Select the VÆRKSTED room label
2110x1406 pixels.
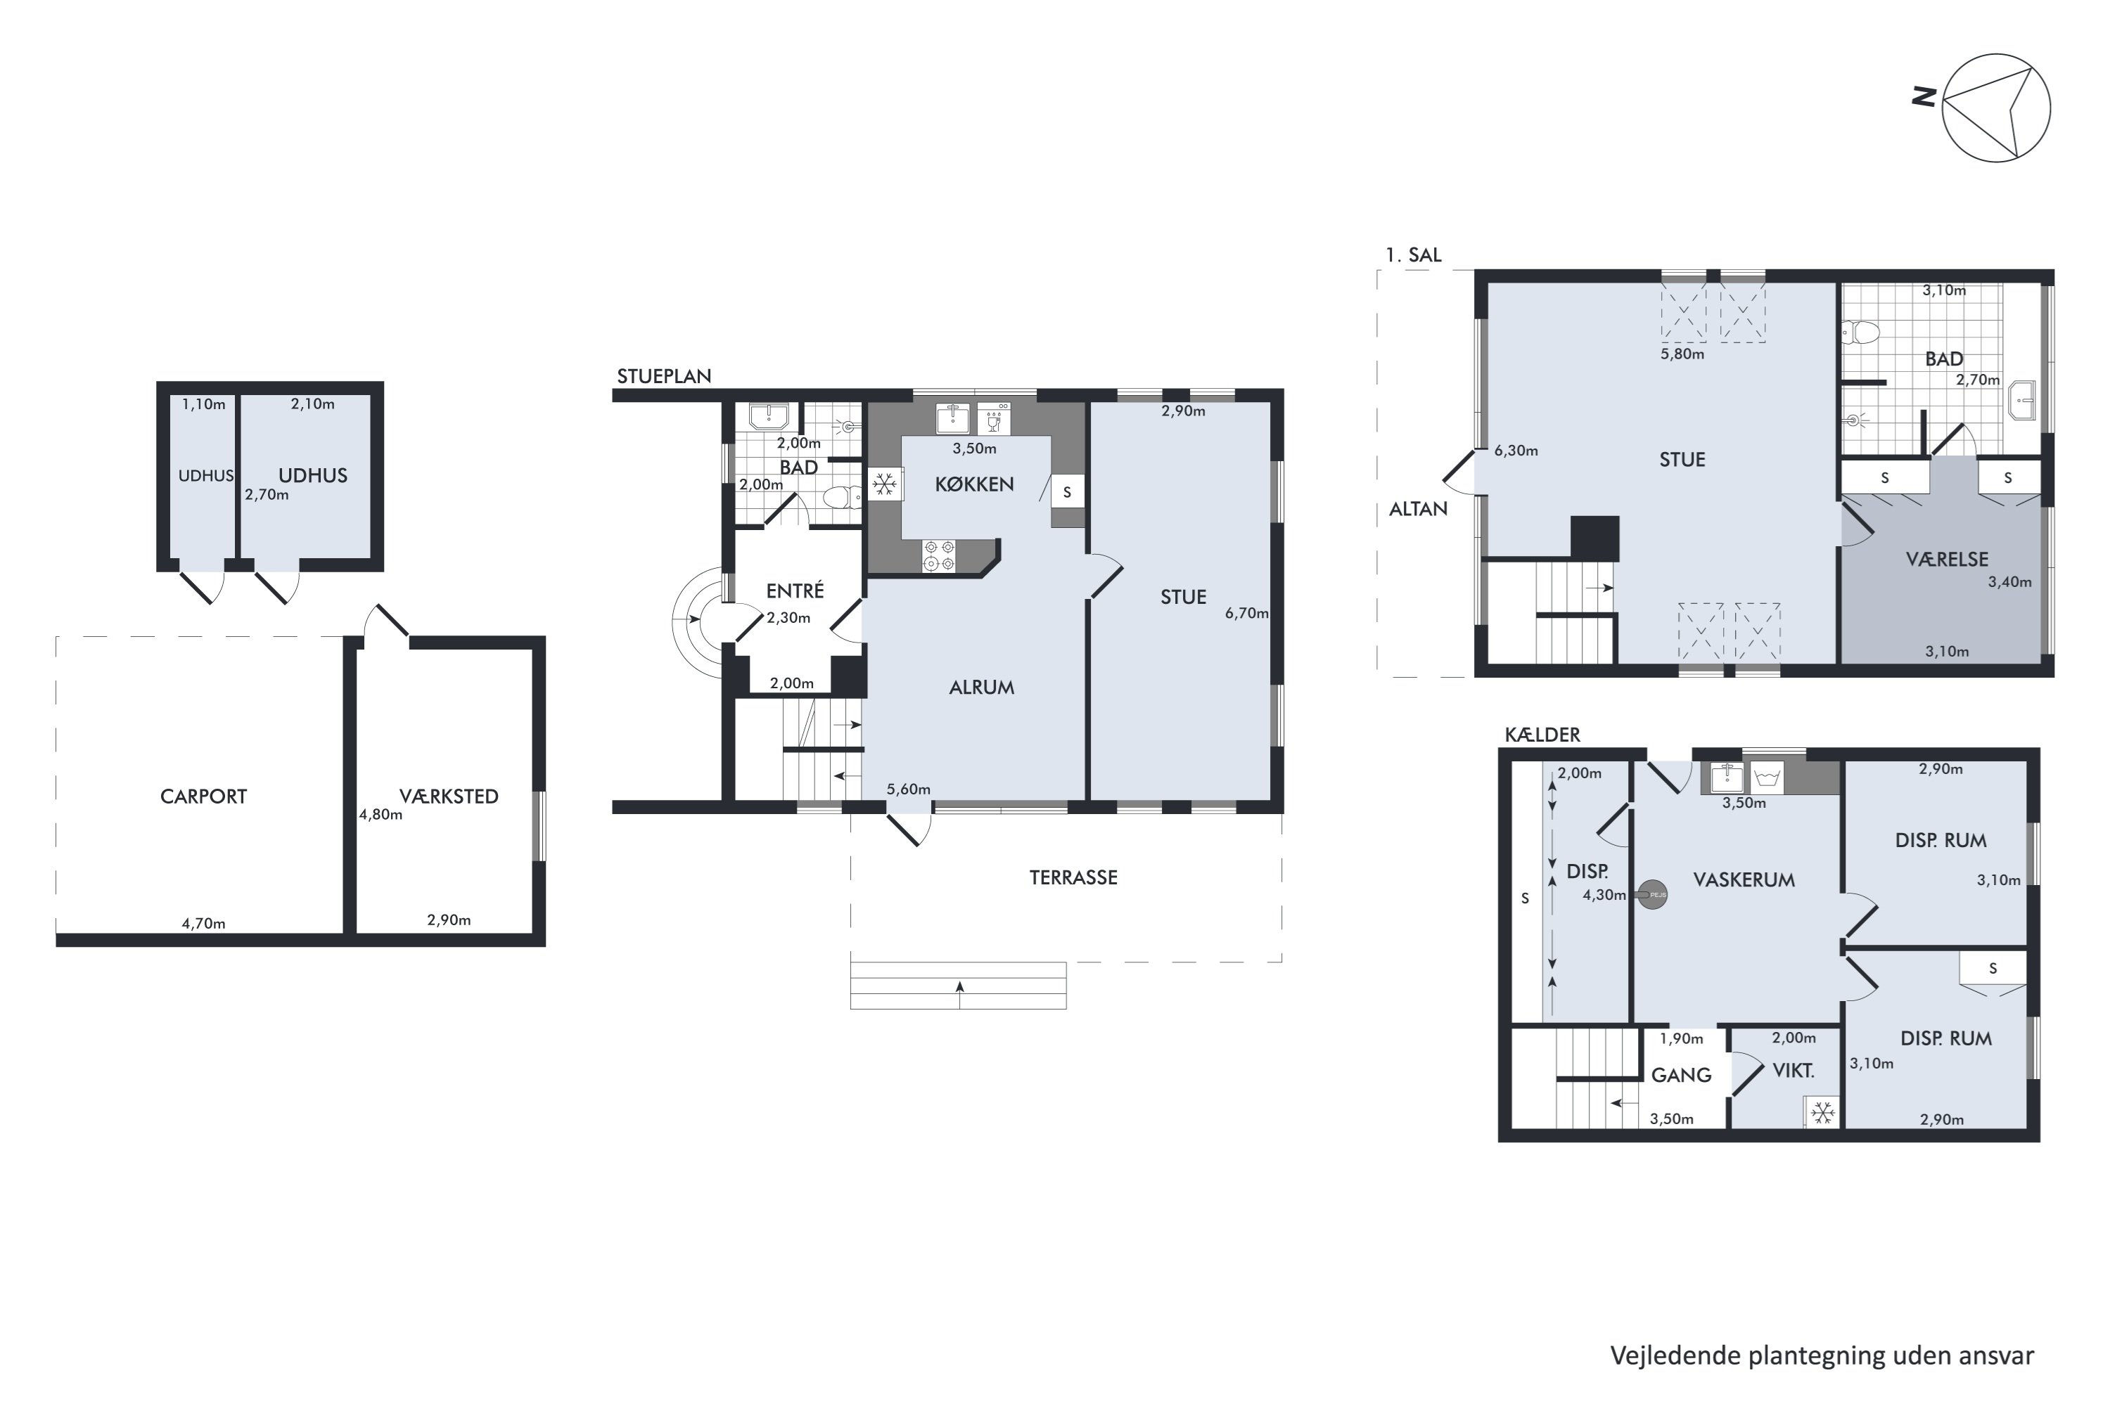coord(449,796)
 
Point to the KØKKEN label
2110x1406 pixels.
coord(974,484)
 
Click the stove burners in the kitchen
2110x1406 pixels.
coord(939,555)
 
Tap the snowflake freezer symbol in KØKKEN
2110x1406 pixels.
coord(885,485)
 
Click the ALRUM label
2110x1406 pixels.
coord(981,688)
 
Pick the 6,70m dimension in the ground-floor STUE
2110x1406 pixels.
coord(1247,613)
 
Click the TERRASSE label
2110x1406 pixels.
coord(1073,878)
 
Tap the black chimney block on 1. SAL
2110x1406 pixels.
coord(1594,538)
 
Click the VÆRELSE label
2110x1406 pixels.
coord(1947,560)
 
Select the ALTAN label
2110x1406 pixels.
coord(1419,509)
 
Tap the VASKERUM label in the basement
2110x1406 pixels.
coord(1744,879)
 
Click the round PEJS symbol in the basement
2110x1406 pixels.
coord(1651,894)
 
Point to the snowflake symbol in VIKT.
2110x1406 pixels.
coord(1822,1113)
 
